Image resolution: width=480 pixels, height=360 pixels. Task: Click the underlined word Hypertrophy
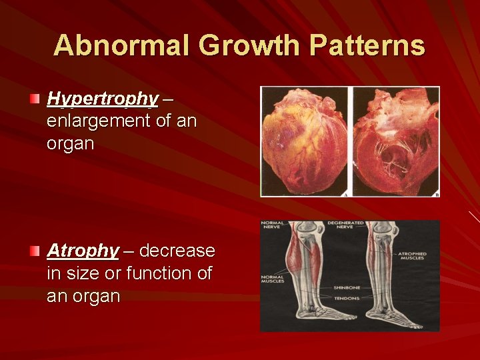tap(103, 99)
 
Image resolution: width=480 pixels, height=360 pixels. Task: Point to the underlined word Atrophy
tap(83, 251)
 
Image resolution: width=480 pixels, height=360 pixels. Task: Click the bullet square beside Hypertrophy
tap(35, 99)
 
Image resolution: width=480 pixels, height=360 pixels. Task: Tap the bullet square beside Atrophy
tap(35, 251)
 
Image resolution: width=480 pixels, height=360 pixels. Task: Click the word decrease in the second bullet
tap(177, 251)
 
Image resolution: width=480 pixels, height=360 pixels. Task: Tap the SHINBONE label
tap(347, 288)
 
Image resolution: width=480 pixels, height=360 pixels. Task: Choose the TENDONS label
tap(347, 299)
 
